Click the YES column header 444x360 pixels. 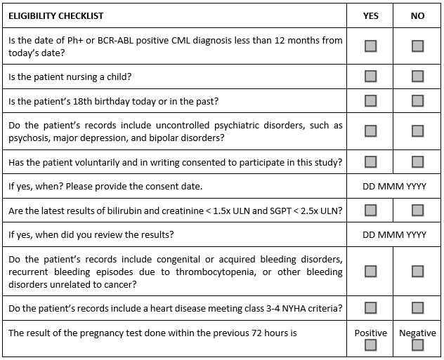tap(370, 15)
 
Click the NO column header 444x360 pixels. tap(417, 15)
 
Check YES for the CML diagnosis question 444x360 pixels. tap(370, 46)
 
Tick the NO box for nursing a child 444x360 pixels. tap(417, 76)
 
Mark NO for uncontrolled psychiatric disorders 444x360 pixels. tap(417, 131)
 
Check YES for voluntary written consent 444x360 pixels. tap(370, 163)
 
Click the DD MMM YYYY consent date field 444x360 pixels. tap(394, 187)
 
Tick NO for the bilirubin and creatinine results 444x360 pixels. tap(417, 210)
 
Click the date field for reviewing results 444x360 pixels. tap(394, 234)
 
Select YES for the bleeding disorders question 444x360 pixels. tap(370, 271)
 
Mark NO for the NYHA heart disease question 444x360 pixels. tap(417, 307)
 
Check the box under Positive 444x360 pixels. tap(370, 345)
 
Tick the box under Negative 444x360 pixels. tap(417, 345)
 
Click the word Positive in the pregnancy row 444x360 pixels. tap(370, 333)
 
